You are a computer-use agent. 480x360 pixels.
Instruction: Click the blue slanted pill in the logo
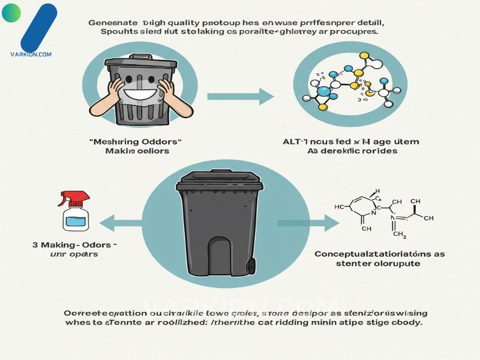pos(38,27)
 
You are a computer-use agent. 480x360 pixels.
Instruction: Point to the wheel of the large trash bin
pos(251,265)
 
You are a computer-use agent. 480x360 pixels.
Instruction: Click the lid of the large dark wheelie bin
pos(218,179)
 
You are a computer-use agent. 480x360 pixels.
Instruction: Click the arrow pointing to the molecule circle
pos(240,95)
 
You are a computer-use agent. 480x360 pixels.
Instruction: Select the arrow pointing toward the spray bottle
pos(123,224)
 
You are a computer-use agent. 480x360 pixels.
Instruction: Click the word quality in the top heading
pos(176,22)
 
